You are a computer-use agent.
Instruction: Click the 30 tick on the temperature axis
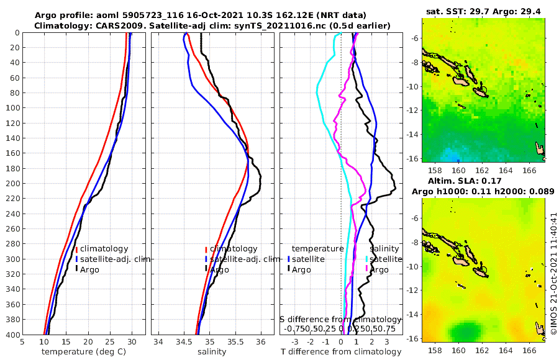pos(132,341)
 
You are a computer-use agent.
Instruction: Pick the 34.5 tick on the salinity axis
pos(183,341)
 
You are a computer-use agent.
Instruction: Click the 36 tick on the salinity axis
pos(260,341)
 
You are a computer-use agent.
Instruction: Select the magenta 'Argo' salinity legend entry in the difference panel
pos(379,270)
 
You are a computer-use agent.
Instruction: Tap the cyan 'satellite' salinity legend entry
pos(384,259)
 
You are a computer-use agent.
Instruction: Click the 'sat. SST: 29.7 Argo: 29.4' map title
pos(483,12)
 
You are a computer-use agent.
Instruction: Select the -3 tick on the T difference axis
pos(295,341)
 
